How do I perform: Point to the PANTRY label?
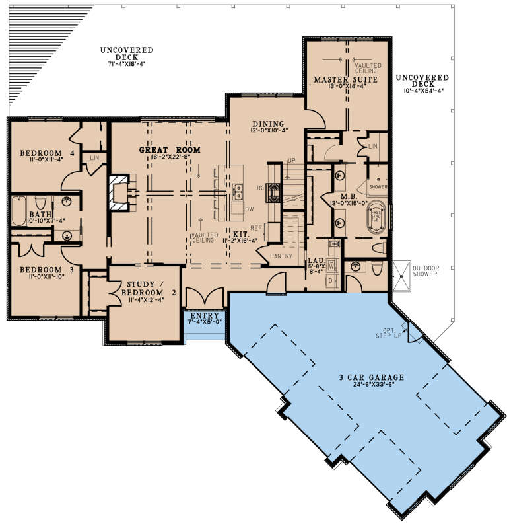pyautogui.click(x=280, y=256)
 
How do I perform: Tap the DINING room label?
pyautogui.click(x=268, y=124)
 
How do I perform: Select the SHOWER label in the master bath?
pyautogui.click(x=378, y=187)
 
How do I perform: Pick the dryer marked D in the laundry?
pyautogui.click(x=331, y=281)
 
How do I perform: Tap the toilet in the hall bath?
pyautogui.click(x=39, y=201)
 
